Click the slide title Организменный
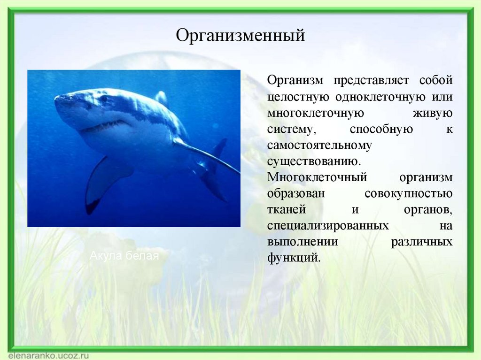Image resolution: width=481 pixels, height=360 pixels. pyautogui.click(x=240, y=36)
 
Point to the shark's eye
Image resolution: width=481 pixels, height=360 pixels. pyautogui.click(x=104, y=99)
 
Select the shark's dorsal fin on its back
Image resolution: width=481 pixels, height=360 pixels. pyautogui.click(x=162, y=98)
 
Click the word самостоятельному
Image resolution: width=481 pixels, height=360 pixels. pyautogui.click(x=319, y=146)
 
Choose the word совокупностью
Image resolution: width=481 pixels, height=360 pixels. pyautogui.click(x=408, y=194)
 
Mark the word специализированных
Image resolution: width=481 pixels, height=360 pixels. pyautogui.click(x=328, y=226)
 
